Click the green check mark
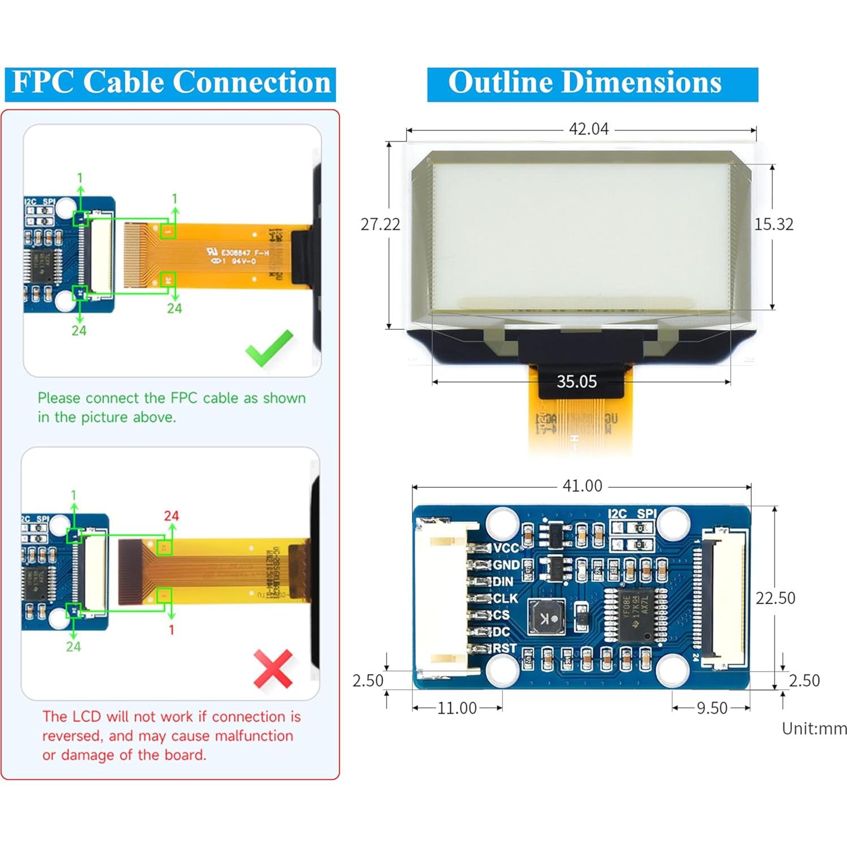tap(269, 348)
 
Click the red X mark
tap(273, 668)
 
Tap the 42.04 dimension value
tap(588, 129)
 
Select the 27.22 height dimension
tap(380, 225)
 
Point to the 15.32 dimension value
tap(773, 225)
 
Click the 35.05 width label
tap(577, 382)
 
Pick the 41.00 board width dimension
tap(582, 486)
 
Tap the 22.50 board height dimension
tap(775, 598)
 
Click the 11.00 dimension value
tap(457, 708)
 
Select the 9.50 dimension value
tap(712, 708)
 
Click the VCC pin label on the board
tap(506, 548)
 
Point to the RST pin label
tap(505, 648)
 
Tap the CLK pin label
tap(505, 598)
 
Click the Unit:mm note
tap(814, 729)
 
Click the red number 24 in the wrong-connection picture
tap(171, 515)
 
